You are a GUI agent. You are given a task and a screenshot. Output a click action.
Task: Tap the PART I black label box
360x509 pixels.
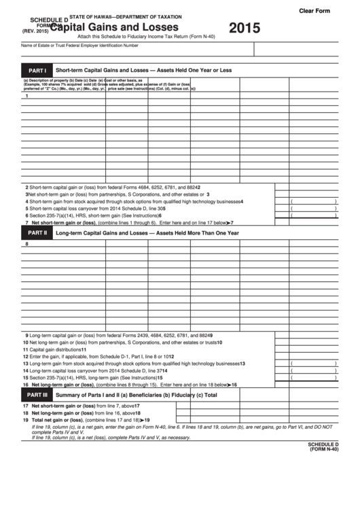click(36, 70)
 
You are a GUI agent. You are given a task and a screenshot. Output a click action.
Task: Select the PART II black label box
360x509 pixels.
click(36, 233)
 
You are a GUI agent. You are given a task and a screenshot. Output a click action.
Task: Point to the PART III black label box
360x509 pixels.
click(36, 395)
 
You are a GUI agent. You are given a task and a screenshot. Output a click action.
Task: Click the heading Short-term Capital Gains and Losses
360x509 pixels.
click(144, 70)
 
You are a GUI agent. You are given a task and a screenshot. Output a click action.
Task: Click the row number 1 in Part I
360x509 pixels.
click(27, 96)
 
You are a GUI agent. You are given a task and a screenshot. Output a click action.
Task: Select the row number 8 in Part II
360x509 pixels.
click(27, 245)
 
